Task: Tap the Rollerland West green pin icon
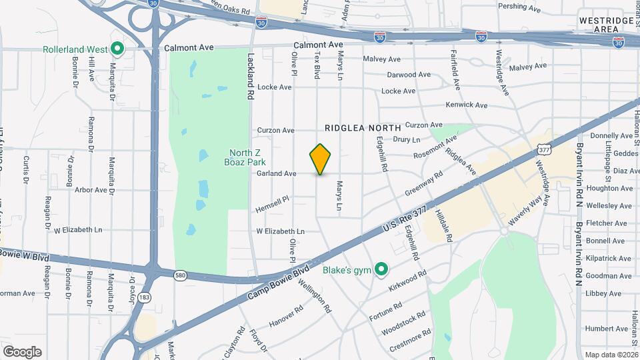pos(117,49)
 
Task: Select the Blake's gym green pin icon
pos(381,270)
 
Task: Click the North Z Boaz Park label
pos(243,157)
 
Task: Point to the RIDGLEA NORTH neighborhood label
pos(363,127)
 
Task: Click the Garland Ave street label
pos(276,174)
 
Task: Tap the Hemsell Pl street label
pos(272,204)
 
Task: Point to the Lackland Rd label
pos(251,77)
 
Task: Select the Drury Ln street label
pos(407,140)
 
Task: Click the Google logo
pos(22,352)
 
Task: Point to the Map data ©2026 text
pos(611,355)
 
